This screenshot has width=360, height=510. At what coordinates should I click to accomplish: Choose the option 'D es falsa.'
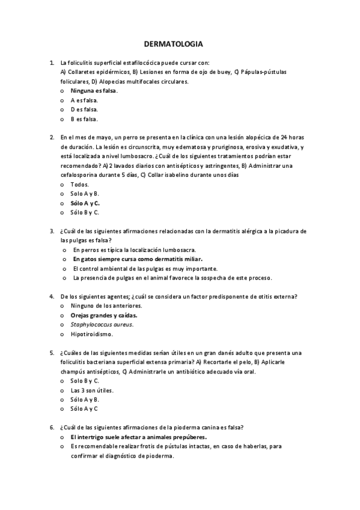[84, 109]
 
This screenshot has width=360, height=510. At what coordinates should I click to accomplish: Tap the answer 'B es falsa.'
[84, 119]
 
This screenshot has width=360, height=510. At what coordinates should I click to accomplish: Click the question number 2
[52, 138]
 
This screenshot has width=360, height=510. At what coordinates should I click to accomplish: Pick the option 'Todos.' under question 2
[79, 184]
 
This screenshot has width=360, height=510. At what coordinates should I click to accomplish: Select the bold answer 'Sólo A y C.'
[85, 203]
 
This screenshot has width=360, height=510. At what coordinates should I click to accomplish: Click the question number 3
[52, 231]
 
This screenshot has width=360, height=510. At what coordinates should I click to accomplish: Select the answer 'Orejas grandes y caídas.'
[104, 315]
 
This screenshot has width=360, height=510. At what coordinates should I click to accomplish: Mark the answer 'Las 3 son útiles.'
[92, 390]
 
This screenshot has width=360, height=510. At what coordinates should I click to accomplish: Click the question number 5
[52, 352]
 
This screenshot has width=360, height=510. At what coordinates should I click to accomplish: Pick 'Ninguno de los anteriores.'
[106, 306]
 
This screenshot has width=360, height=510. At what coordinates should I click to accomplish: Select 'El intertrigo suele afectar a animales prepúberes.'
[139, 437]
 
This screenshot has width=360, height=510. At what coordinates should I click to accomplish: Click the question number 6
[52, 427]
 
